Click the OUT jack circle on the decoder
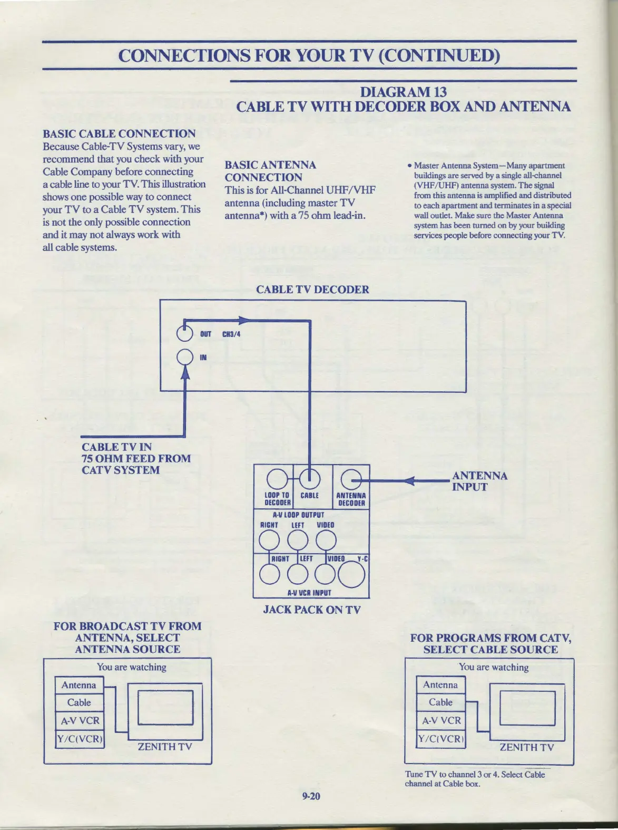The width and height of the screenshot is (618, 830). (x=185, y=333)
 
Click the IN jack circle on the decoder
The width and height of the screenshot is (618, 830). (x=185, y=358)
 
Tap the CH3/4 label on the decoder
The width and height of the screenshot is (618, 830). (x=231, y=334)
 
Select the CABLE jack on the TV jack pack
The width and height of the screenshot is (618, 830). (x=309, y=479)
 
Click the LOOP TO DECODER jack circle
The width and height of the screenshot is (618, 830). (x=277, y=479)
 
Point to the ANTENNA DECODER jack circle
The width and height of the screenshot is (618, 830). (x=351, y=480)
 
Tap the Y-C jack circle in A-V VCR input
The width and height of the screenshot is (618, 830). (x=351, y=575)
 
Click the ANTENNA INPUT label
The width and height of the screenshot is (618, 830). (x=479, y=481)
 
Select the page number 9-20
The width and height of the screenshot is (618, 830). (x=311, y=796)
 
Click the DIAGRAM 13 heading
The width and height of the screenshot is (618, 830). (x=403, y=92)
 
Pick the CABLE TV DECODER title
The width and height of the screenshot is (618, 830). (x=312, y=289)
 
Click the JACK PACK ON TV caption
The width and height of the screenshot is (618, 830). (x=312, y=610)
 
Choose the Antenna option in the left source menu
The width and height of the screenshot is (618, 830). (x=79, y=686)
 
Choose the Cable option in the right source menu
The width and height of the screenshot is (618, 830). (x=440, y=702)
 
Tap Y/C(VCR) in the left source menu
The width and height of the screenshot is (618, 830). (x=80, y=739)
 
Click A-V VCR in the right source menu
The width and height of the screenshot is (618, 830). (x=441, y=720)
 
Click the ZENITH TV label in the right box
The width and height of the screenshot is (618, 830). (x=526, y=747)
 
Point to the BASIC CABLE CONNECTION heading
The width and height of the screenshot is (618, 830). (x=119, y=133)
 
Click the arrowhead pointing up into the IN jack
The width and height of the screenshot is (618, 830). (x=185, y=372)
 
